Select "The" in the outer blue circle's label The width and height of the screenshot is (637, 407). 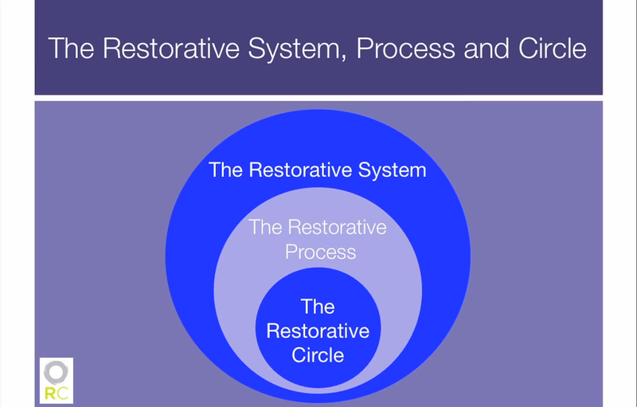pyautogui.click(x=226, y=170)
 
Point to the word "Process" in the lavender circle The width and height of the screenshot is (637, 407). pyautogui.click(x=318, y=252)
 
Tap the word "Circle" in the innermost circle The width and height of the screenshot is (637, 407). pyautogui.click(x=318, y=354)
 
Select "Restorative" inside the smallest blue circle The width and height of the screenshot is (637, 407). pyautogui.click(x=318, y=331)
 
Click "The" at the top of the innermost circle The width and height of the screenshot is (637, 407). pyautogui.click(x=318, y=307)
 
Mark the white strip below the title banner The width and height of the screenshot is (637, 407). pyautogui.click(x=318, y=98)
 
